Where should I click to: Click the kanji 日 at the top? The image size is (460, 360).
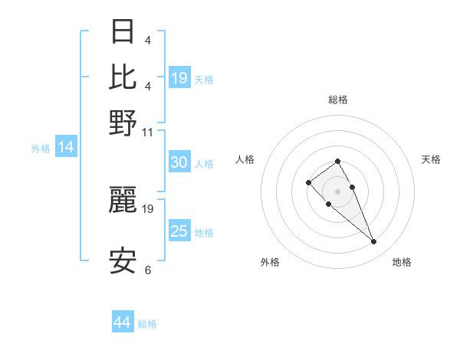click(123, 33)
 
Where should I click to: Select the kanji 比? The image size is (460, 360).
click(123, 77)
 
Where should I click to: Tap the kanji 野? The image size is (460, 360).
click(123, 122)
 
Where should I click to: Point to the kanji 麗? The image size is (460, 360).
click(123, 200)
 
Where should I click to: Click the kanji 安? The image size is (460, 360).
click(123, 261)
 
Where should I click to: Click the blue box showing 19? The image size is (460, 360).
click(179, 78)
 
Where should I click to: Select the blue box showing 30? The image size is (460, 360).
click(179, 162)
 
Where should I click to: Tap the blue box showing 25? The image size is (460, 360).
click(179, 231)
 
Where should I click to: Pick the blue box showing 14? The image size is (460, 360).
click(66, 148)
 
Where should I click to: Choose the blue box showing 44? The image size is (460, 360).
click(123, 323)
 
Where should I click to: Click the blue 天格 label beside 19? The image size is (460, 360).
click(204, 79)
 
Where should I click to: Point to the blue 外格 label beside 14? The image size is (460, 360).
click(41, 149)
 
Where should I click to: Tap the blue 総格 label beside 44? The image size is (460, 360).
click(147, 324)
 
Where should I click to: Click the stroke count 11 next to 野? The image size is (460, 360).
click(148, 132)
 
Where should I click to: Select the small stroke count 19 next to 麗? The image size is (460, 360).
click(148, 208)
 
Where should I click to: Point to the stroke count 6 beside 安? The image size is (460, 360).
click(148, 270)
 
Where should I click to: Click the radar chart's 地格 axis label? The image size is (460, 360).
click(402, 262)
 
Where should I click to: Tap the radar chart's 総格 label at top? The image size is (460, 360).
click(338, 100)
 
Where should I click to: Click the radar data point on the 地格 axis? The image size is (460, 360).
click(374, 242)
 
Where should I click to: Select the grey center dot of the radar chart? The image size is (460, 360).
click(337, 191)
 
